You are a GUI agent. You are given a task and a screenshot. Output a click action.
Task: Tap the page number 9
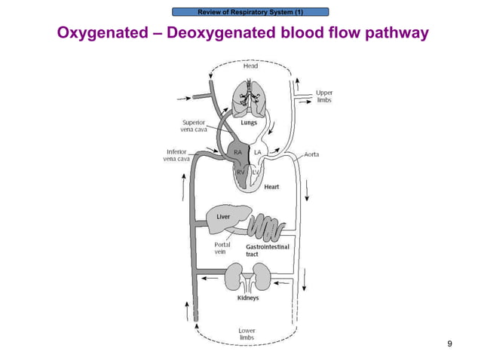coord(450,344)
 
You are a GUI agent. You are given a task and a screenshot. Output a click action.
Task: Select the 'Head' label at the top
coord(250,66)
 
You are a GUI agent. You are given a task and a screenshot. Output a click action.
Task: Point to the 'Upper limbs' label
coord(324,96)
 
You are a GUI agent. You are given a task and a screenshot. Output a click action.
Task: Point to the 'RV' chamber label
coord(241,172)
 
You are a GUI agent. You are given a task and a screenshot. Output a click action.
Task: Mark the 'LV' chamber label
coord(256,172)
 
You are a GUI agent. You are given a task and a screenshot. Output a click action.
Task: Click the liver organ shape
coord(225,218)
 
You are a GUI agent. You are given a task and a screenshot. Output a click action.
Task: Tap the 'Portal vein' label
coord(223,248)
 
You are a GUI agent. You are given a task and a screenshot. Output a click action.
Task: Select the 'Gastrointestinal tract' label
coord(268,250)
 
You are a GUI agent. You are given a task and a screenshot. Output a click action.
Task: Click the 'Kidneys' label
coord(248,297)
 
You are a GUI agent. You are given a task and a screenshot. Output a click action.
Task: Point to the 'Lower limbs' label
coord(247,334)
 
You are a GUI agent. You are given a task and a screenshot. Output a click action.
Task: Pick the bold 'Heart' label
coord(272,187)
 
